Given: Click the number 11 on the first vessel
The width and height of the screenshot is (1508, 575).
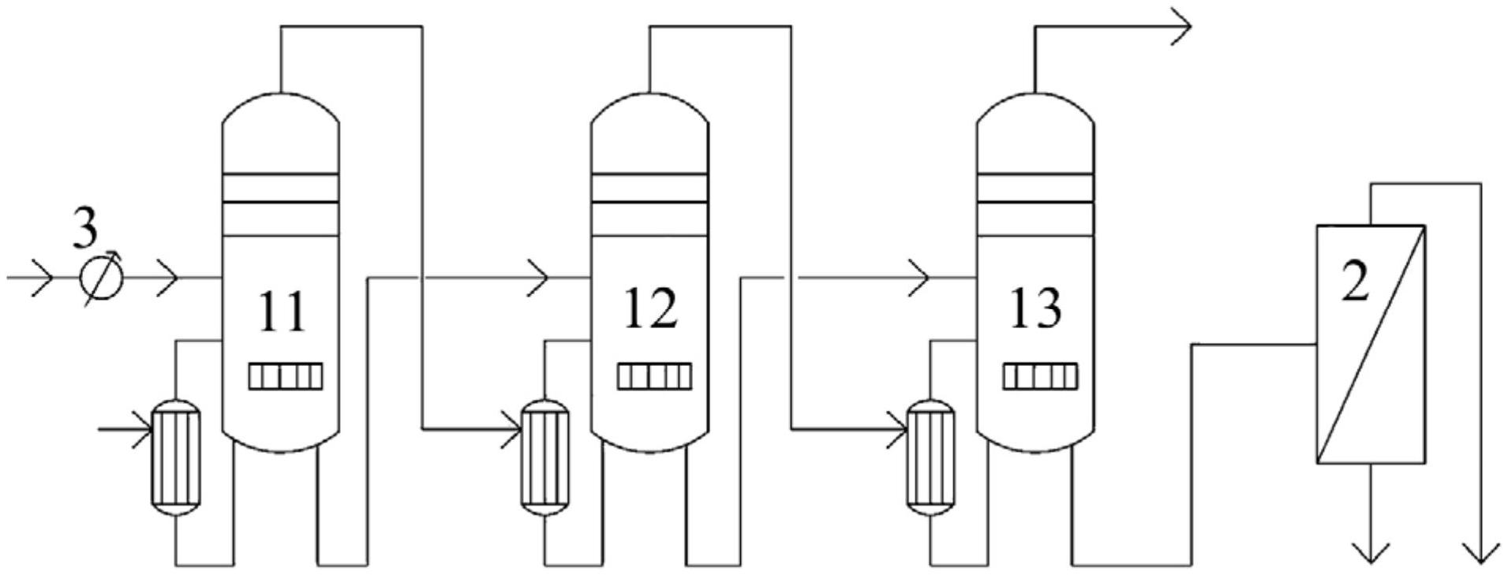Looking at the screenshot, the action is click(x=282, y=312).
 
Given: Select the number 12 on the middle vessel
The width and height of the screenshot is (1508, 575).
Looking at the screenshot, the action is click(x=650, y=308).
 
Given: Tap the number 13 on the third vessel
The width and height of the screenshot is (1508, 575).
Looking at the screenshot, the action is click(x=1035, y=308).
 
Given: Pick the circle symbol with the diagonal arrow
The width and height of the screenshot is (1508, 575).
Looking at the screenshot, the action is click(x=103, y=278).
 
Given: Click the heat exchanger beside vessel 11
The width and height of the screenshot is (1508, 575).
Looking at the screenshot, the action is click(x=176, y=457).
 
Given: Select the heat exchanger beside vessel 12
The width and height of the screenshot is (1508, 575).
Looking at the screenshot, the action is click(x=544, y=457).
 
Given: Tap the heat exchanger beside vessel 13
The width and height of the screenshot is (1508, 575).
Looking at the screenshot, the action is click(x=930, y=457).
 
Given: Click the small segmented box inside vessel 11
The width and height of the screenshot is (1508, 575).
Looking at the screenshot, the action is click(x=286, y=376).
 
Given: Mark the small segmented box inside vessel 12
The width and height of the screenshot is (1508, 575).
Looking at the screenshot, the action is click(x=654, y=376).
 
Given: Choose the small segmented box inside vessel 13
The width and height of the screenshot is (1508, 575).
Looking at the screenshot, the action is click(x=1040, y=376).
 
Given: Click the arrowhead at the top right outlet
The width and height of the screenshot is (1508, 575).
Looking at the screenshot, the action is click(x=1181, y=26).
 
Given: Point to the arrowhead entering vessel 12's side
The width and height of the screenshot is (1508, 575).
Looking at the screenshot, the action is click(x=539, y=278).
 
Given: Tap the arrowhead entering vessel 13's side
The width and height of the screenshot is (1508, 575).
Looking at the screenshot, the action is click(x=920, y=278).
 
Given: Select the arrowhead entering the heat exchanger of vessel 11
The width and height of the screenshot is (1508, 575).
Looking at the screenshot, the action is click(x=143, y=430).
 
